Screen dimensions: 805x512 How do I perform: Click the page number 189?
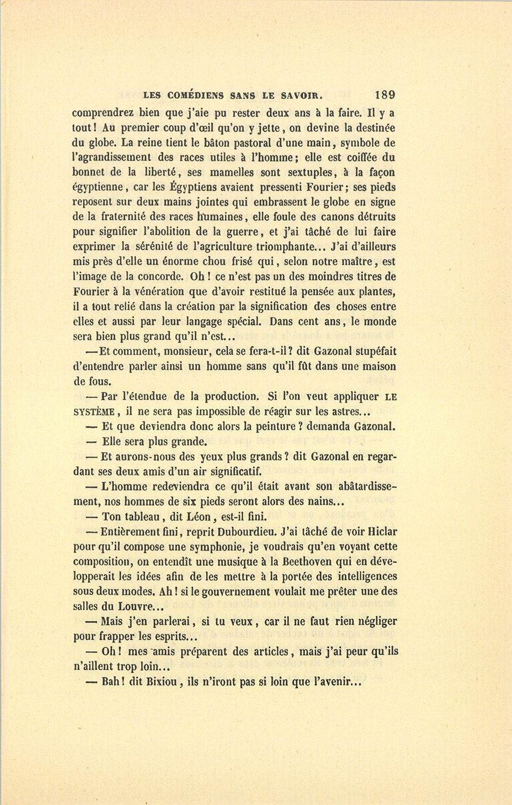click(x=385, y=95)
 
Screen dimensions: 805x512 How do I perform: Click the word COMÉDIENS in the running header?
click(x=193, y=96)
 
